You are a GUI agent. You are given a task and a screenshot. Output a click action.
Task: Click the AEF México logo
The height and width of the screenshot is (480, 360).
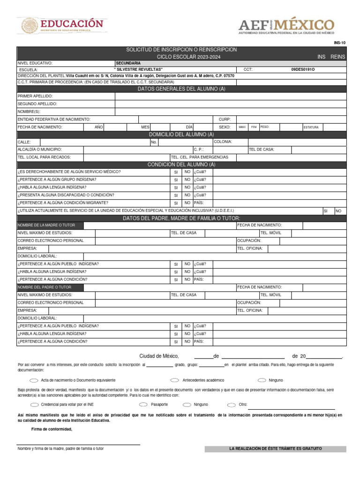(x=286, y=26)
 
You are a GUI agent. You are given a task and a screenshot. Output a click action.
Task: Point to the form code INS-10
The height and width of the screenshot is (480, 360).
(x=339, y=43)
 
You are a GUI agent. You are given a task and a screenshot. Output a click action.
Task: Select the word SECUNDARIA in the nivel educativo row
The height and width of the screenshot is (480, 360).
(x=128, y=63)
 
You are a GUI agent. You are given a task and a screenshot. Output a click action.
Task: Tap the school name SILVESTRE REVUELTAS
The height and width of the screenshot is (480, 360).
(x=139, y=69)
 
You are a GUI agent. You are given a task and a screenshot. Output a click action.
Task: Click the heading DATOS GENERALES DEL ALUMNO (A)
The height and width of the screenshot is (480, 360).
(x=181, y=89)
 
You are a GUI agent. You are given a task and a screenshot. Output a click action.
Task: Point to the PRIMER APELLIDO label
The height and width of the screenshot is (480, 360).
(x=35, y=96)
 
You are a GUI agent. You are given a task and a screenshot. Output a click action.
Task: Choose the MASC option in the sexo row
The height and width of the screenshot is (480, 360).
(x=242, y=127)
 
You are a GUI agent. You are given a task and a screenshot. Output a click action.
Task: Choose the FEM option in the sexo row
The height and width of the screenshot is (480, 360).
(x=254, y=127)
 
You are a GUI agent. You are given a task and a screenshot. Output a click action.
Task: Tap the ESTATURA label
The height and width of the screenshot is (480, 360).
(x=311, y=127)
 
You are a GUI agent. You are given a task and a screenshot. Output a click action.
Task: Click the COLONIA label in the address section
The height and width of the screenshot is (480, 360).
(x=223, y=142)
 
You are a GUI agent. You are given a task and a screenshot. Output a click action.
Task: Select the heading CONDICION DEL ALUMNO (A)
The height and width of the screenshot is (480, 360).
(x=181, y=165)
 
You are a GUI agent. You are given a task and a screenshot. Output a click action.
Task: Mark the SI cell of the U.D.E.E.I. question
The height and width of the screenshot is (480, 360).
(x=325, y=211)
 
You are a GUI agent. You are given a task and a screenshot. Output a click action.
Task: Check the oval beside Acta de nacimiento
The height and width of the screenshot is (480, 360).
(x=34, y=380)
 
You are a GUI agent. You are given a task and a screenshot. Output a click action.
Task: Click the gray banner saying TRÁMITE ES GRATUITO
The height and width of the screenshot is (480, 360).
(x=275, y=449)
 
